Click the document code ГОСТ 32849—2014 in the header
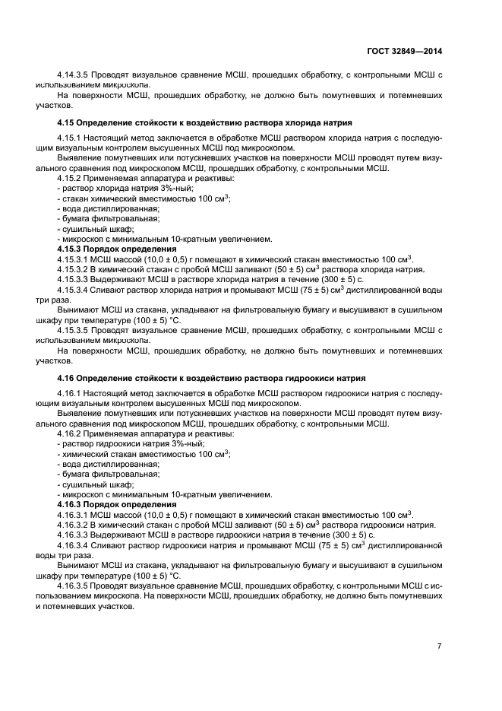point(403,51)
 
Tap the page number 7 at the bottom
point(438,646)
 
